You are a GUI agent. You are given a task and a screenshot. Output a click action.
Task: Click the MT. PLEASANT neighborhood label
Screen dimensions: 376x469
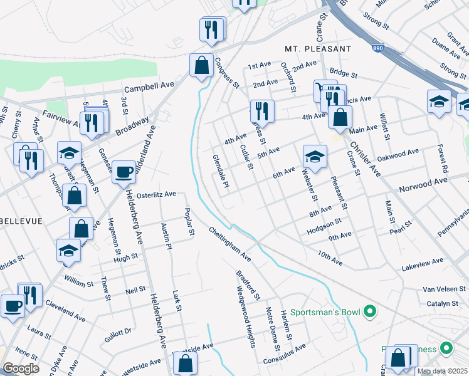click(x=317, y=48)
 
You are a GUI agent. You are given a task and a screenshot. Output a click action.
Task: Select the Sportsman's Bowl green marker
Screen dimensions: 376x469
click(x=370, y=310)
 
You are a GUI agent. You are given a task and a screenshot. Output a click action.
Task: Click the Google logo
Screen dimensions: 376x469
click(x=20, y=368)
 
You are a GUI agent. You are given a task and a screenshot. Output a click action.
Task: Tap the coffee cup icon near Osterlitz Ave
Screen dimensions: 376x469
click(x=124, y=170)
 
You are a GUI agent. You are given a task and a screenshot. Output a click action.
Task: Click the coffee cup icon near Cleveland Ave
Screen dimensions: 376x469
click(x=13, y=306)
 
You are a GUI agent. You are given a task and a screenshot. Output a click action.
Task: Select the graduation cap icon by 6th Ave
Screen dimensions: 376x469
click(x=315, y=155)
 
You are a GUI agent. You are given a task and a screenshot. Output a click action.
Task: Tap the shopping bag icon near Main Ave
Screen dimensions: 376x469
click(x=340, y=117)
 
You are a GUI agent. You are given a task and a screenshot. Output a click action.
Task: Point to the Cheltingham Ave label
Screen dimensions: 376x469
click(x=230, y=244)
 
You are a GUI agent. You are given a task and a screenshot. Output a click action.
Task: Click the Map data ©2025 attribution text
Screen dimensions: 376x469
click(x=442, y=371)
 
